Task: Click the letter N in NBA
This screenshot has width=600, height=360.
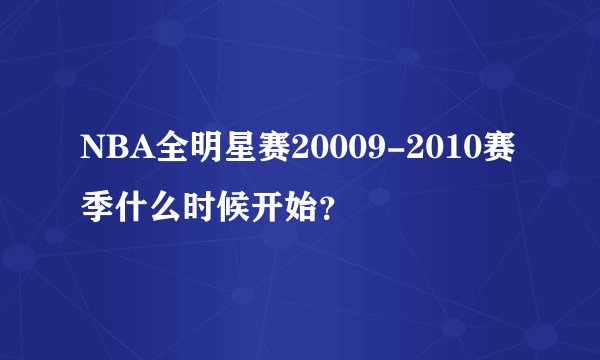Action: pyautogui.click(x=90, y=149)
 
